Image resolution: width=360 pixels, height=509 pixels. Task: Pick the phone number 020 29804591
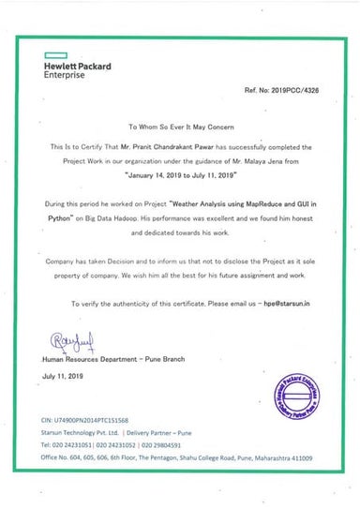[x=168, y=446]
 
